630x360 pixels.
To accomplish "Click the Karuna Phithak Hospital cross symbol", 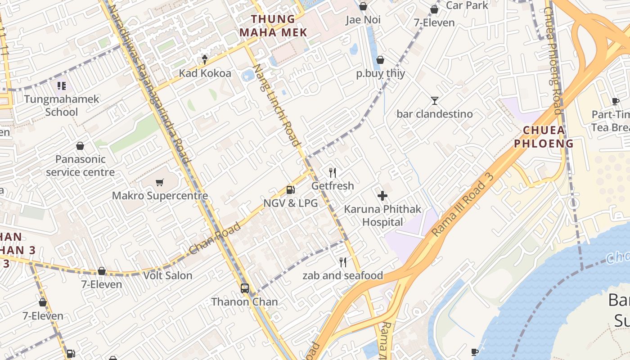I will tap(382, 196).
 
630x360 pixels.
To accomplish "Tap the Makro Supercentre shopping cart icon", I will tap(159, 182).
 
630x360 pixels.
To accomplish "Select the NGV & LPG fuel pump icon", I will tap(291, 190).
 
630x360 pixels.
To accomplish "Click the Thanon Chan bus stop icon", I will tap(245, 288).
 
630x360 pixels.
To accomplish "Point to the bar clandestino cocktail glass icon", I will tap(435, 100).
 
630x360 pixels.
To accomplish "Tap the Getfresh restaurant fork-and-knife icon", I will tap(333, 172).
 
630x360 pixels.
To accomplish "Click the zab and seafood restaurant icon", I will tap(343, 262).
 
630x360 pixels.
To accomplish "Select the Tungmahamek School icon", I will tap(62, 85).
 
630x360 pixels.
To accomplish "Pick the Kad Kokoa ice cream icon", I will tap(205, 59).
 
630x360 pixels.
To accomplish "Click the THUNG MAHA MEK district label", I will tap(273, 26).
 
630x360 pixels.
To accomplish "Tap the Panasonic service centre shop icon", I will tap(80, 146).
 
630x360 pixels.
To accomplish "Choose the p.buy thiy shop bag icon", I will tap(380, 60).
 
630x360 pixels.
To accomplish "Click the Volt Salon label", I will tap(168, 275).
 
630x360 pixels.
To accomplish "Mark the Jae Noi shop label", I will tap(363, 20).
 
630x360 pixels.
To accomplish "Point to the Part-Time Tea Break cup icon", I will tap(615, 101).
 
